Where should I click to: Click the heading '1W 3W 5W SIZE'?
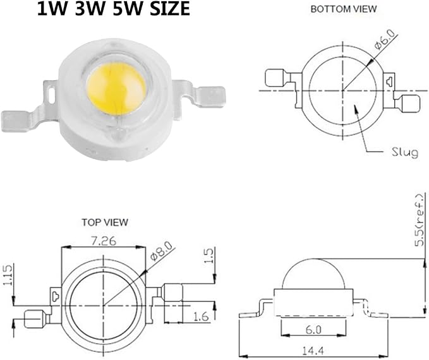113,8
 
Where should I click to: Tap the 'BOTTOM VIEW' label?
343,9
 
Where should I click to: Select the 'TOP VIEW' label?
105,222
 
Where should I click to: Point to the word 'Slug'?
405,152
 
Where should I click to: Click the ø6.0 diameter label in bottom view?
385,40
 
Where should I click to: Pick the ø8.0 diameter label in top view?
162,252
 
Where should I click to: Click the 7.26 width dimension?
104,241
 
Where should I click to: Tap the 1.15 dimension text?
8,275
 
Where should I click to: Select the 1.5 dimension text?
208,256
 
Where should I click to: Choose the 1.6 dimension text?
201,316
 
